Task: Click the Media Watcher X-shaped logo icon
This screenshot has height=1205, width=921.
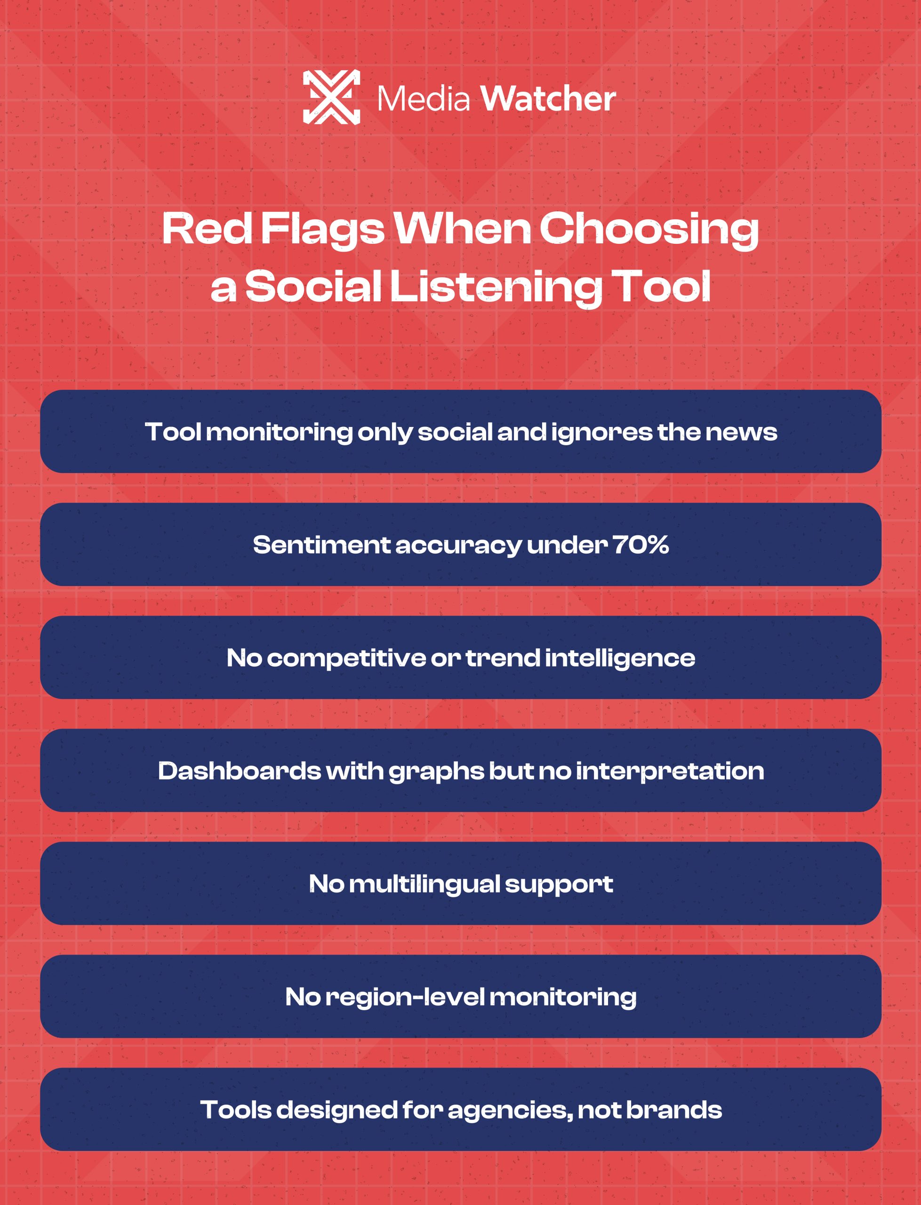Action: (332, 97)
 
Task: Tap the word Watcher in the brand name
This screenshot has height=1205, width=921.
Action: (548, 99)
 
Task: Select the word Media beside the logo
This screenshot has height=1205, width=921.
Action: (424, 99)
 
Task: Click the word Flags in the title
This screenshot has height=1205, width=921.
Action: (322, 230)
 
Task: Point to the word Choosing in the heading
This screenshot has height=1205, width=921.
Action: (649, 230)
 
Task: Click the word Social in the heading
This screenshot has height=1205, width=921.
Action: (313, 286)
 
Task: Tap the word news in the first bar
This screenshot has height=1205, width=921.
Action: (741, 433)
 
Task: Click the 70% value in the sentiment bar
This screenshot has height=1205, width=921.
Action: (641, 545)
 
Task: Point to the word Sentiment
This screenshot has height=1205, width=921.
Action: (322, 545)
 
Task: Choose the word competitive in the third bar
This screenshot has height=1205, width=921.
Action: (346, 659)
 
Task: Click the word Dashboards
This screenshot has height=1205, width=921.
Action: (239, 771)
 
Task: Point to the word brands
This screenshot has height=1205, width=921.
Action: (674, 1109)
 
